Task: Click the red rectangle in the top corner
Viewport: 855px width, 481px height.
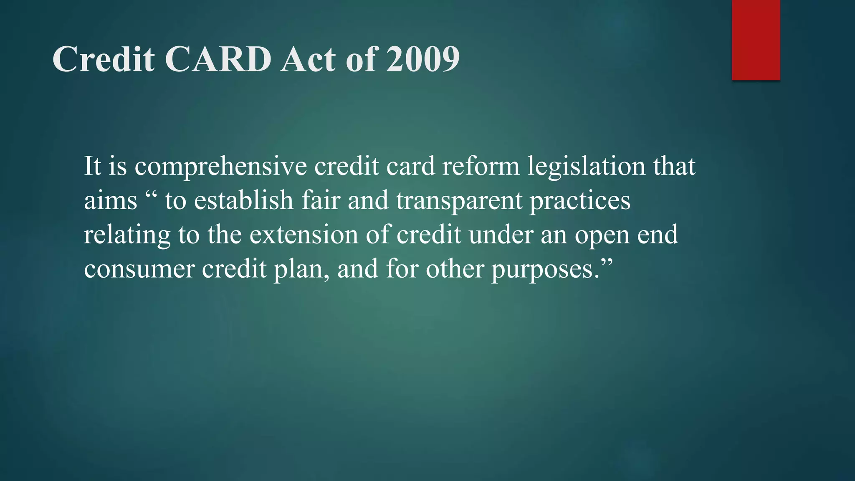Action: (x=756, y=40)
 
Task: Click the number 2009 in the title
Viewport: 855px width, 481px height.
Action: (x=422, y=59)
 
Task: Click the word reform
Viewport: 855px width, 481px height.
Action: (x=481, y=166)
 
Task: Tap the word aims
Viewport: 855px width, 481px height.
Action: (x=110, y=200)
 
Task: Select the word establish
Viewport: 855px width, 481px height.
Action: (x=244, y=200)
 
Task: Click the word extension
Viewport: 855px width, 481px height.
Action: (x=304, y=235)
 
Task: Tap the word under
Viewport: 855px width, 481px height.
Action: (x=501, y=235)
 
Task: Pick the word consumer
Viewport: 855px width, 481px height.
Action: (x=139, y=269)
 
